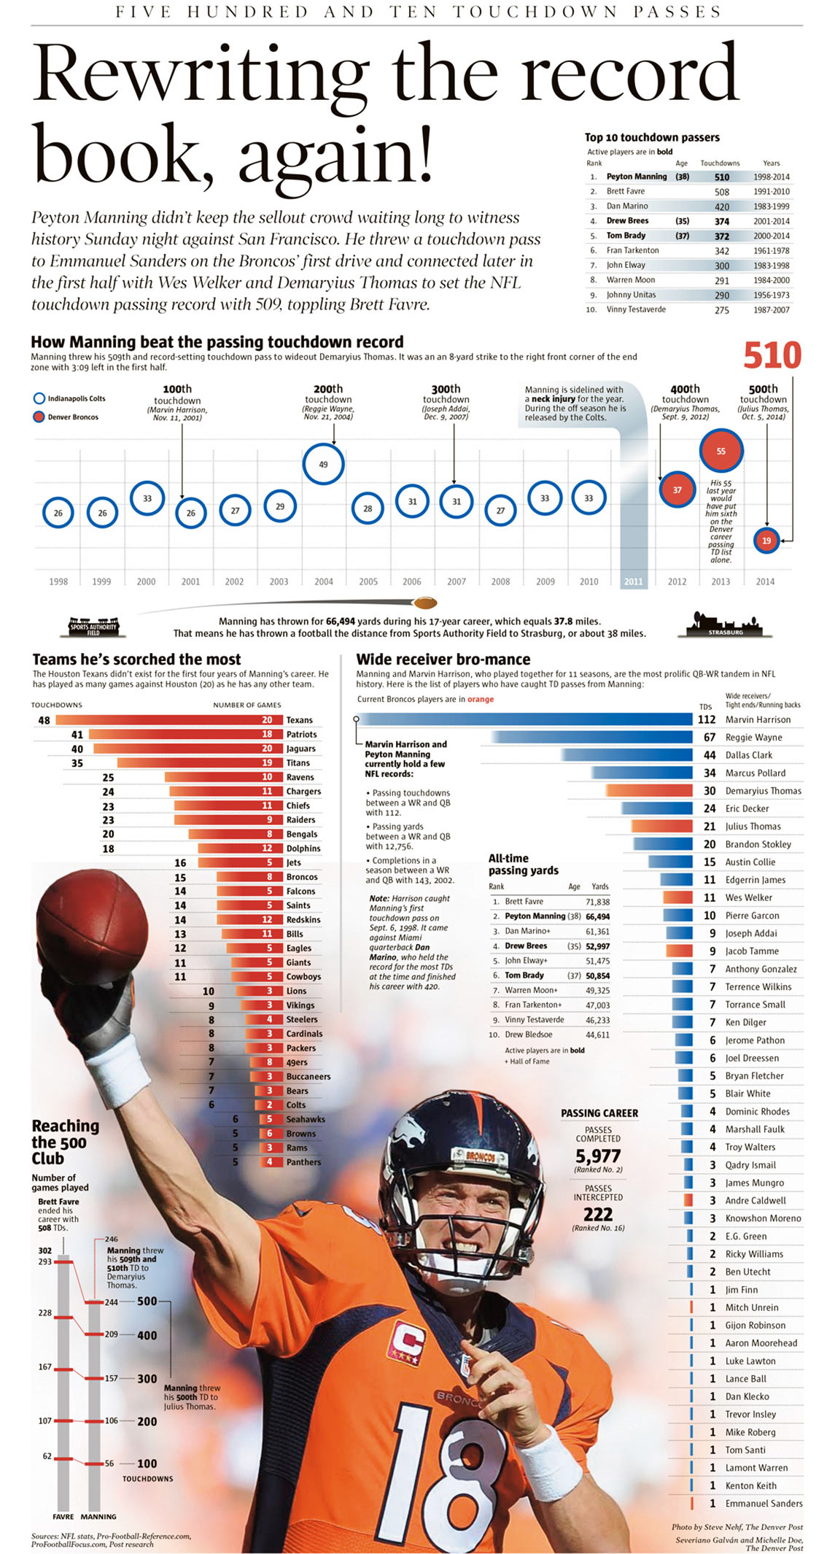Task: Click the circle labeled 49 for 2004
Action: tap(323, 464)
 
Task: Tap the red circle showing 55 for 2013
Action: tap(721, 451)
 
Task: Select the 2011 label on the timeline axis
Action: tap(633, 581)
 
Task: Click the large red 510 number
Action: tap(772, 355)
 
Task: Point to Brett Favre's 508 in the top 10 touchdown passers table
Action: tap(721, 191)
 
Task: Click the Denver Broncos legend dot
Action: tap(39, 417)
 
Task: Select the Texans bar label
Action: tap(299, 720)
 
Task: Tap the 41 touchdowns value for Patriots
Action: tap(77, 735)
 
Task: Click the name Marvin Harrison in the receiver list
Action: tap(758, 719)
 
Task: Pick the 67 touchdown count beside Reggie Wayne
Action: tap(709, 738)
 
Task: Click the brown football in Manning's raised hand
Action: tap(92, 921)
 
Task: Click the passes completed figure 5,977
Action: tap(598, 1156)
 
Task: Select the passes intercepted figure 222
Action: tap(598, 1214)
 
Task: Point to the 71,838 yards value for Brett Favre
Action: tap(597, 902)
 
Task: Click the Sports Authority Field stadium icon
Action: tap(93, 626)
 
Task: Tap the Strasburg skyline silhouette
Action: tap(725, 625)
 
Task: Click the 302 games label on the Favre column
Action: tap(45, 1250)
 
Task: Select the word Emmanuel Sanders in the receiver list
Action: tap(764, 1503)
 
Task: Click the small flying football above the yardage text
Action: tap(425, 603)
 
